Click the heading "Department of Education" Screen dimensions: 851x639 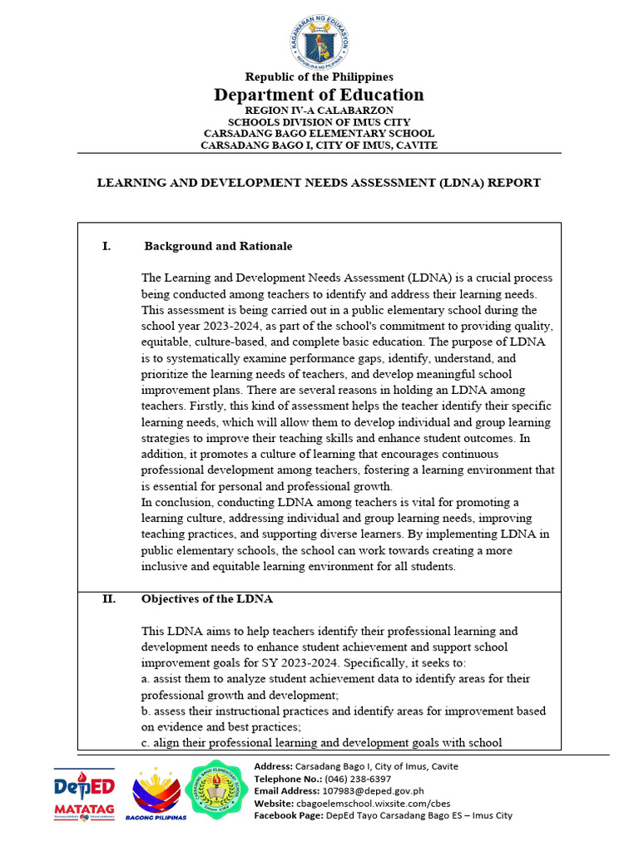[319, 95]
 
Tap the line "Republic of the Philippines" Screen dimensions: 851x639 [319, 77]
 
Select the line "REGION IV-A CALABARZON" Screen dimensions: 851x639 [319, 110]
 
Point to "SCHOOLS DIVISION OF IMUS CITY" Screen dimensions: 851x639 [319, 121]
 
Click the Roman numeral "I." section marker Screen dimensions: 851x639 [106, 247]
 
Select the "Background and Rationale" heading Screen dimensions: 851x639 [218, 247]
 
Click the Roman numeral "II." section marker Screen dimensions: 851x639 [109, 599]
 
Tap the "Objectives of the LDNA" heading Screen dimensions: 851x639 [207, 599]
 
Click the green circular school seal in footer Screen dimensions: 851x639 [219, 790]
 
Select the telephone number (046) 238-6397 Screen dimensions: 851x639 [357, 779]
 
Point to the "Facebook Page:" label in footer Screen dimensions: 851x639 [287, 816]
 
